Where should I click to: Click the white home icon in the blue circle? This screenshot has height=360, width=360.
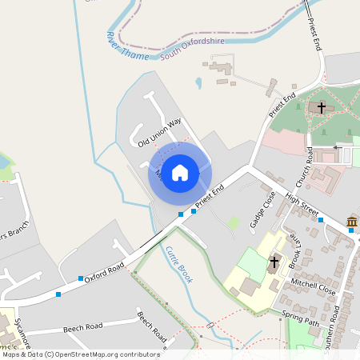click(x=180, y=172)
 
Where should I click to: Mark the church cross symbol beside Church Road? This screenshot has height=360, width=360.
click(x=322, y=107)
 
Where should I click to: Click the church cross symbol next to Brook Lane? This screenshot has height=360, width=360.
click(x=274, y=262)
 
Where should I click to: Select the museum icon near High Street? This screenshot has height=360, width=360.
click(x=351, y=222)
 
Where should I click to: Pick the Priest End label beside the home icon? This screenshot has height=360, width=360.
click(x=210, y=195)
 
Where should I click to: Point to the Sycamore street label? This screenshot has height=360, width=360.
click(x=22, y=333)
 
